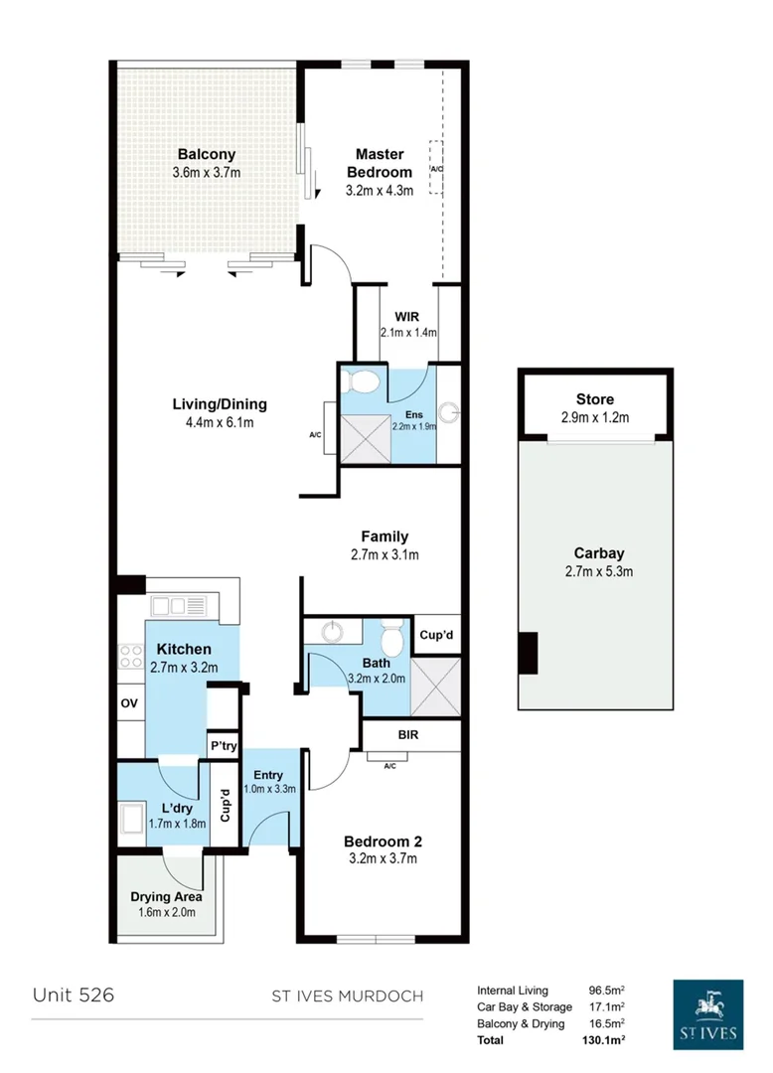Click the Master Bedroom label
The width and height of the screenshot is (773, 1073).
380,163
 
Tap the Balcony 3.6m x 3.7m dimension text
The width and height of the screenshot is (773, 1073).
207,173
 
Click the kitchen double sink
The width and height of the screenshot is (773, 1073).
177,605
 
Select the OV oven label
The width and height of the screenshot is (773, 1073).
129,703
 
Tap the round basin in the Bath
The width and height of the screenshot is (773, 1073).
331,632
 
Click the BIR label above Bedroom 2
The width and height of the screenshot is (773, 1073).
408,736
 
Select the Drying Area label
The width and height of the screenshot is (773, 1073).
167,897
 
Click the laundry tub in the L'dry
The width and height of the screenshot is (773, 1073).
133,820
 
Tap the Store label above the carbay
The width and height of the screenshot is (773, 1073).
594,399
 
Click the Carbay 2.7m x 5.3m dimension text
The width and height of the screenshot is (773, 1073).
598,570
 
